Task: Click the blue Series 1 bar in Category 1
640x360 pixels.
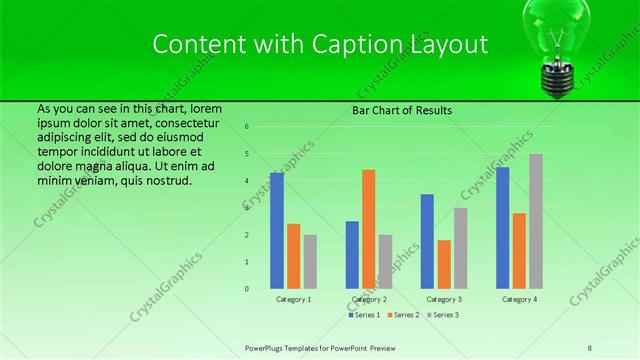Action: (x=277, y=231)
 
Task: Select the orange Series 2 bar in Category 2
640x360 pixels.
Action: (x=369, y=229)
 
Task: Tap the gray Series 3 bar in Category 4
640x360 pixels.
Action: (x=536, y=221)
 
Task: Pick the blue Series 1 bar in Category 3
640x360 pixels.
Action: (x=427, y=241)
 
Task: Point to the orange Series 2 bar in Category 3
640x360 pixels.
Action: (x=444, y=264)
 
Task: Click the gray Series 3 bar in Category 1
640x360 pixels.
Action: (x=310, y=262)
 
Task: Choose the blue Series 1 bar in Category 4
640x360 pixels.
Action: (x=502, y=228)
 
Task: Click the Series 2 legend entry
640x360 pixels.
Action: (x=403, y=315)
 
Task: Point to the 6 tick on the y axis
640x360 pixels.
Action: (x=247, y=127)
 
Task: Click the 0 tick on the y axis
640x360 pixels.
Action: (x=247, y=289)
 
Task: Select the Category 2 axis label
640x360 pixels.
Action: (x=369, y=299)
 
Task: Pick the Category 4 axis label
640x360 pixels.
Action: (x=519, y=299)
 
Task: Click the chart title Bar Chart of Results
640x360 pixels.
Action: (x=402, y=110)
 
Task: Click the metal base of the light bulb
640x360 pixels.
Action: (x=557, y=79)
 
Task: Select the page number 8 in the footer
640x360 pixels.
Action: (x=590, y=347)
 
